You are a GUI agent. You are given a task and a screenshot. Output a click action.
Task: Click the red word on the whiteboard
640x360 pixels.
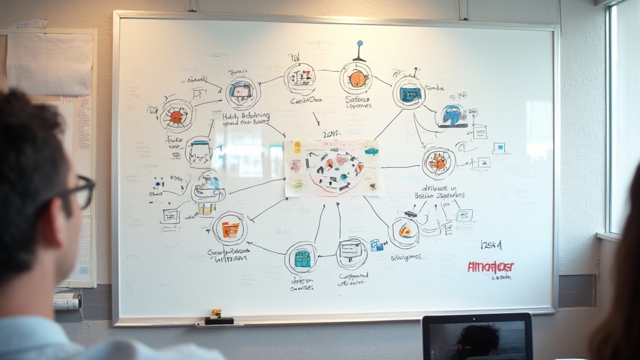coord(491,267)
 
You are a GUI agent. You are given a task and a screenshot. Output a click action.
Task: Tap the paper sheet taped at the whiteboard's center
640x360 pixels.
coord(332,167)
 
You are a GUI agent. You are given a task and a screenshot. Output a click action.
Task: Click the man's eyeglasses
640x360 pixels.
coord(79,191)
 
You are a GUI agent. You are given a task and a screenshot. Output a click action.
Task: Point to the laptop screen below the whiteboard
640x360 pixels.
coord(477,337)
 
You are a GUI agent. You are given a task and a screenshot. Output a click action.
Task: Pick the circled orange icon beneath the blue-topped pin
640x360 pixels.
coord(356,79)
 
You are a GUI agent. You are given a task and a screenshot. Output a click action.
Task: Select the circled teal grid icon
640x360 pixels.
coord(302,258)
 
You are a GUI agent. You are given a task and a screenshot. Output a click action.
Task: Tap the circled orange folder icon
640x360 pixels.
coord(230,229)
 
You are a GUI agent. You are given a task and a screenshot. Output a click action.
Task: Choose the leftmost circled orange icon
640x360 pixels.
coord(177,116)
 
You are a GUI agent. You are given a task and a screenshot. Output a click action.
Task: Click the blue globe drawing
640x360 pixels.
coord(452,115)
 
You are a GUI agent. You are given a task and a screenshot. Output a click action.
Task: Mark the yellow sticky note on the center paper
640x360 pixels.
coord(297,147)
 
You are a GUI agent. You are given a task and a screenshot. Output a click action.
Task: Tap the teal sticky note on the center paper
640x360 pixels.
coord(371,151)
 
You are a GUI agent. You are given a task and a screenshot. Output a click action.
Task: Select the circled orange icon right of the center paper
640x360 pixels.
coord(438,162)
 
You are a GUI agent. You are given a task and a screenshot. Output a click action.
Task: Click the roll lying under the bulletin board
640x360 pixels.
coord(67,302)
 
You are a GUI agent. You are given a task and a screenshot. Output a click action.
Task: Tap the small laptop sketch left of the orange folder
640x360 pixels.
coord(170,216)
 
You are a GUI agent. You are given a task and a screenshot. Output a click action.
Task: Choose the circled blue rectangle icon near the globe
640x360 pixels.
coord(409,94)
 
